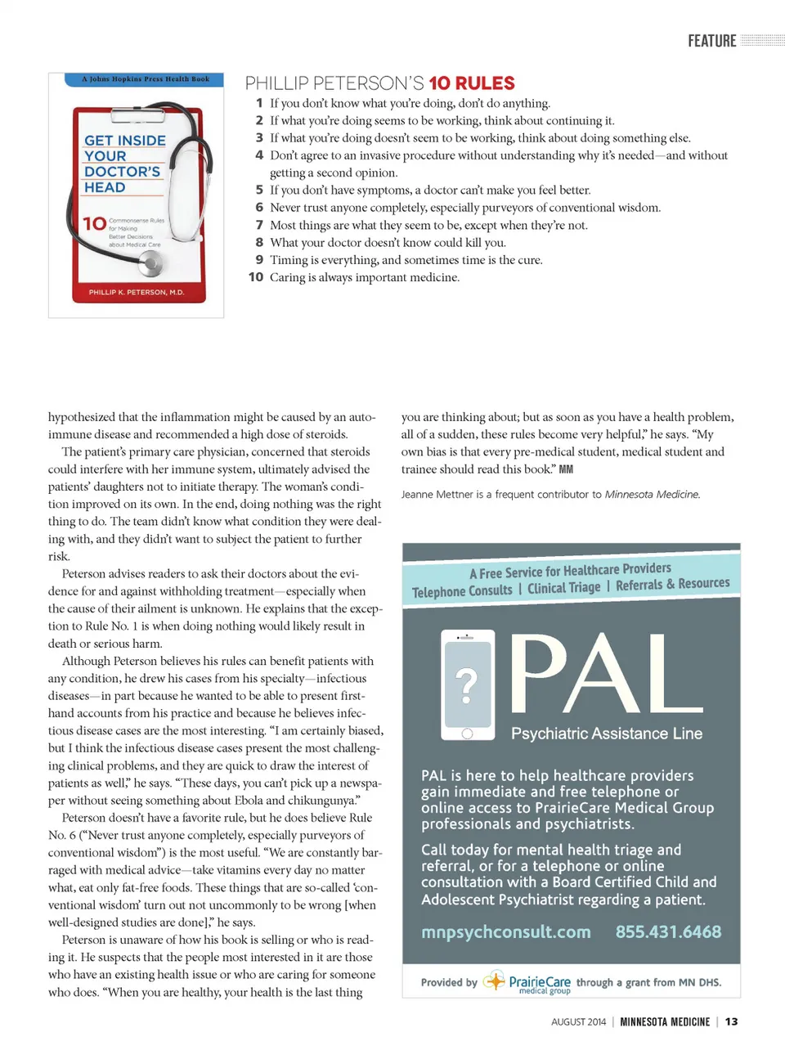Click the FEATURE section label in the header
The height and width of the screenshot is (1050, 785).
click(711, 41)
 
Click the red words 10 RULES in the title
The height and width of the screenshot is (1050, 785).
click(472, 83)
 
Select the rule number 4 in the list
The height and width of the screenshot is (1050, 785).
click(259, 155)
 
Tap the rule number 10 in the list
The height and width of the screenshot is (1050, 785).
click(256, 277)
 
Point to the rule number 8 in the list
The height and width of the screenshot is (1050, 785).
click(259, 243)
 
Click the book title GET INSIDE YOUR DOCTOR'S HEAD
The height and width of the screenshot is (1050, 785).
click(124, 164)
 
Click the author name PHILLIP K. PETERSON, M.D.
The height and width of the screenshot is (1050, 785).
click(137, 292)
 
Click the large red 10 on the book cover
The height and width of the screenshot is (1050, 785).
click(94, 224)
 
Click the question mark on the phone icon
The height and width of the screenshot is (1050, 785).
click(466, 684)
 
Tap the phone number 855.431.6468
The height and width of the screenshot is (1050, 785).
click(668, 932)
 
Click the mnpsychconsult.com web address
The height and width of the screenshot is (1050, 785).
click(506, 932)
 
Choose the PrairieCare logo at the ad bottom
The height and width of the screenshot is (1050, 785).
click(527, 982)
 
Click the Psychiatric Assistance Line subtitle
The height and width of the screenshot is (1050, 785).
click(606, 734)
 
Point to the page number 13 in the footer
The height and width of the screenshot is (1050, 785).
click(731, 1021)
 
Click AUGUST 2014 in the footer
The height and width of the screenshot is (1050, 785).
click(578, 1022)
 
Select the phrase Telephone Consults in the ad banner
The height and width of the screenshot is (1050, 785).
click(462, 591)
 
